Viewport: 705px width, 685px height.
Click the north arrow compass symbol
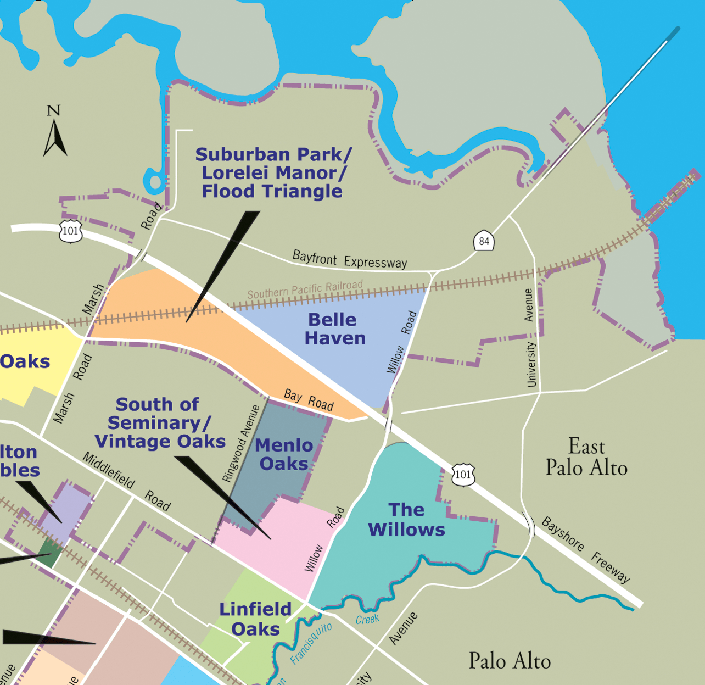55,138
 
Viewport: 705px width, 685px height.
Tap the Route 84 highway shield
484,241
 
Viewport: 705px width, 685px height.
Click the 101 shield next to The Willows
463,475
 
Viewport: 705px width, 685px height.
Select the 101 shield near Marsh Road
71,231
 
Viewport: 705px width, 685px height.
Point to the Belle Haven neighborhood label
334,329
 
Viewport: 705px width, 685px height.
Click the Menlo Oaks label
284,454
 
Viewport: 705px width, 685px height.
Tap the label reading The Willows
406,520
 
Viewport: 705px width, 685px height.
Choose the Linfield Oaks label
255,619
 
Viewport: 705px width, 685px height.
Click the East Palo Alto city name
586,457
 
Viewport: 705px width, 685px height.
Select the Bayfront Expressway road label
350,259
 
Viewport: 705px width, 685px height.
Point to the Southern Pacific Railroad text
305,289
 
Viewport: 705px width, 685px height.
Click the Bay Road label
309,399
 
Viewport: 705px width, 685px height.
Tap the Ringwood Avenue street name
240,443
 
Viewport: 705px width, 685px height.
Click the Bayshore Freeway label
585,549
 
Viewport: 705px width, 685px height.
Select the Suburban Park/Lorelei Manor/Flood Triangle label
273,173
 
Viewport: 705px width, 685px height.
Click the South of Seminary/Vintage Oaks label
159,423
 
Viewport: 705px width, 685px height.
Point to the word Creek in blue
367,620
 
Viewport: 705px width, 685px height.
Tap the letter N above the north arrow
53,110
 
